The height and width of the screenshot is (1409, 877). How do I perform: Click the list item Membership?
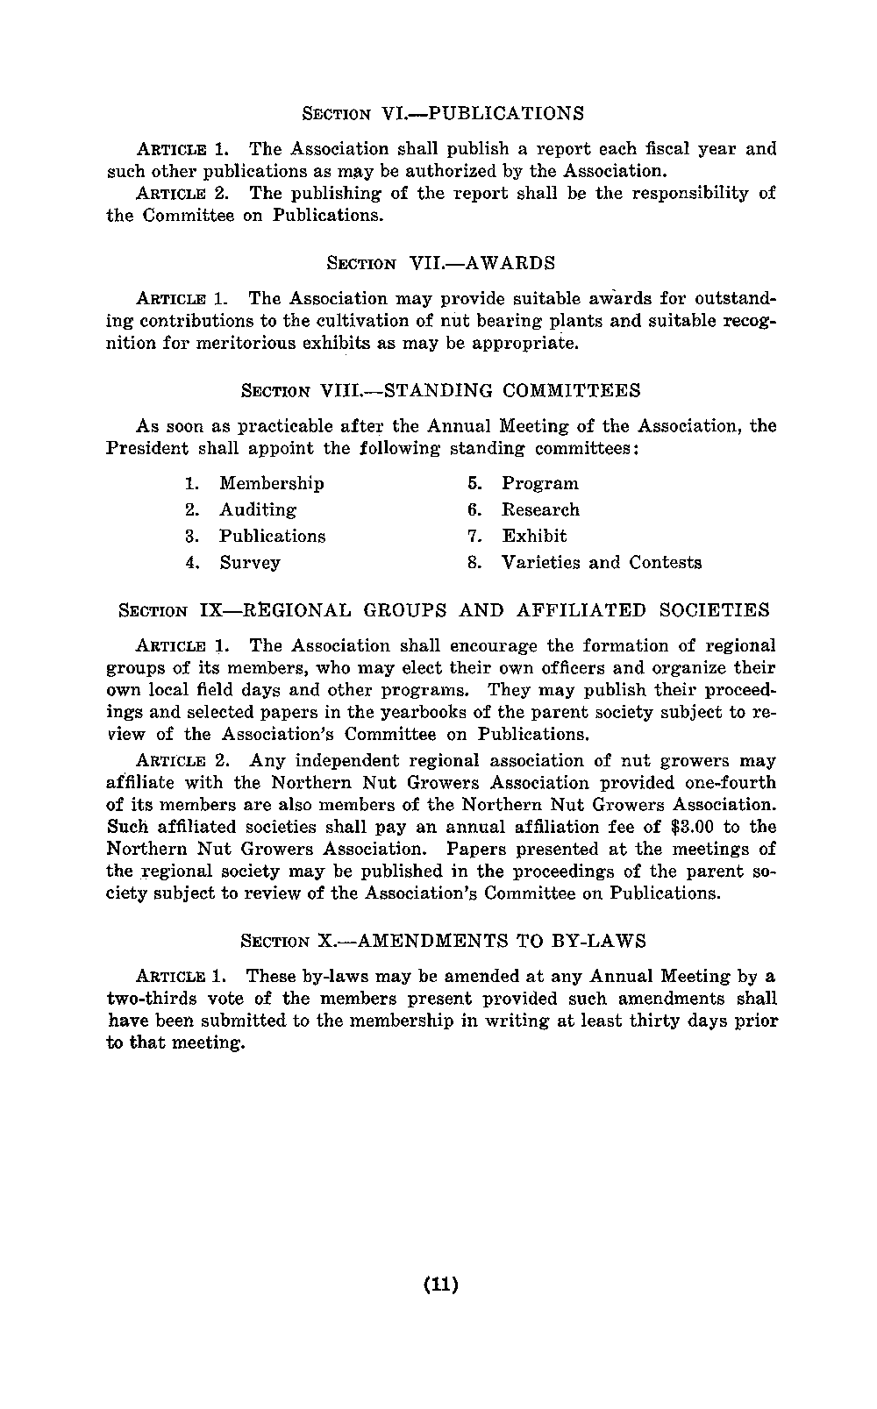(271, 483)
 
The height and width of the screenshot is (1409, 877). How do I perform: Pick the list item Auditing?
(257, 509)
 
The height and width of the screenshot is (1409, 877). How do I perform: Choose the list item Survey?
(249, 562)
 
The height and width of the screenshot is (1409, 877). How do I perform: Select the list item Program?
(539, 483)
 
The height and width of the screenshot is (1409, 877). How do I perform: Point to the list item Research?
(540, 509)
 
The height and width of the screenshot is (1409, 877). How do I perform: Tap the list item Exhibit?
(534, 536)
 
